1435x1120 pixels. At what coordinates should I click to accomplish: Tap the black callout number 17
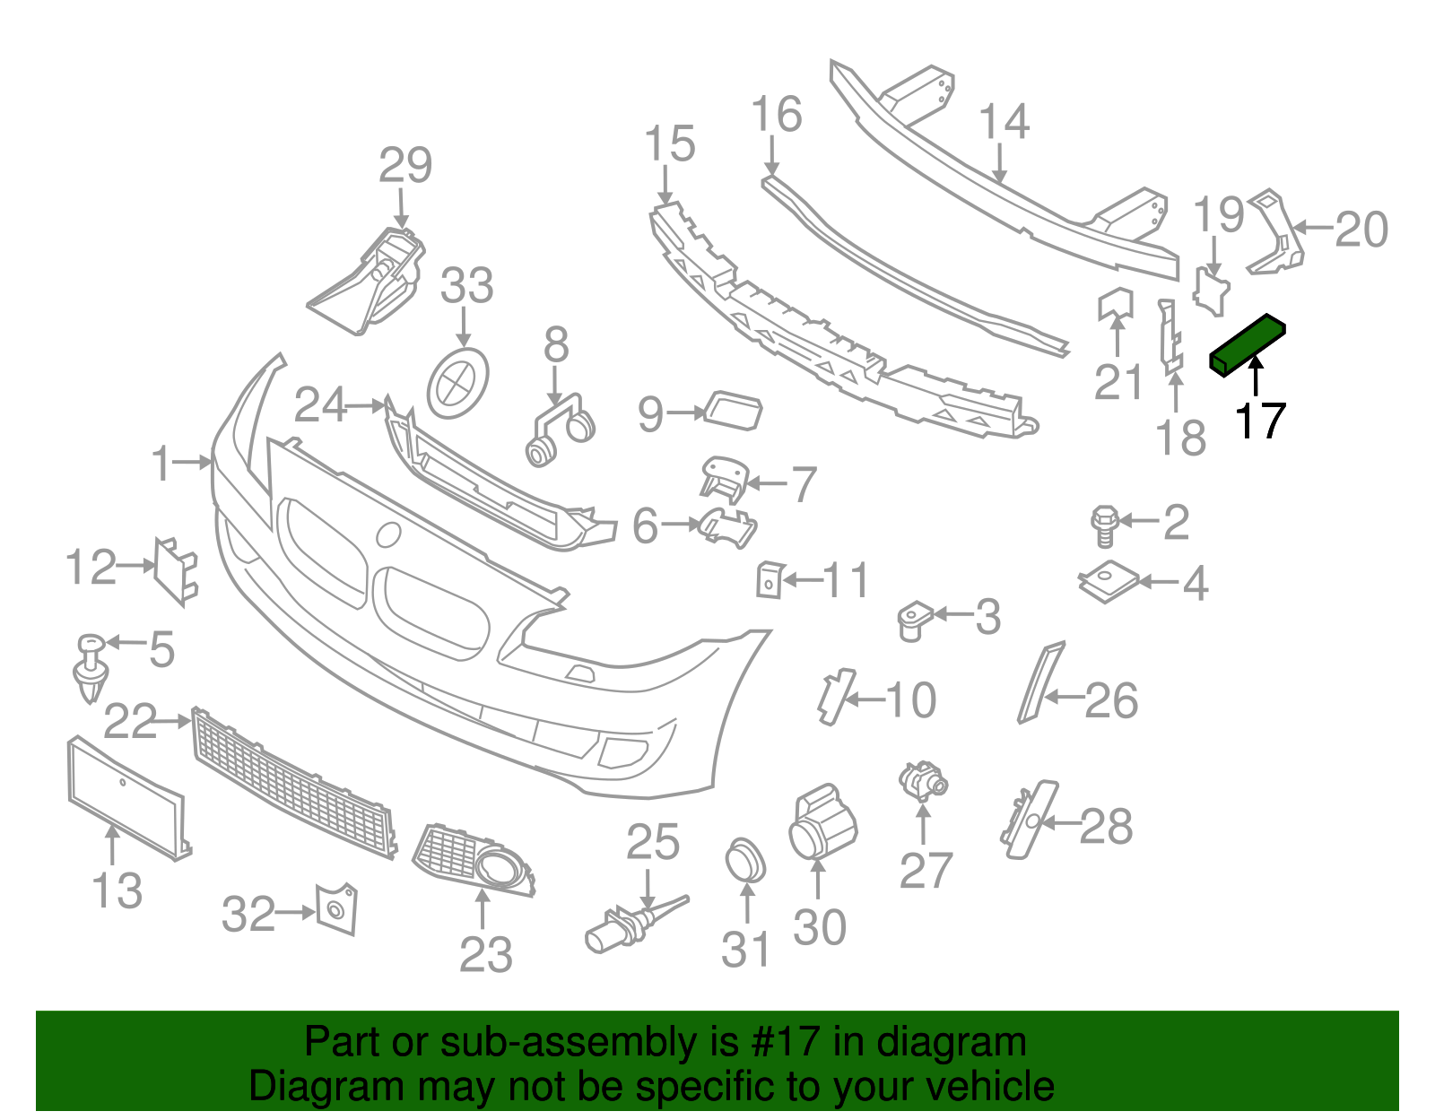pyautogui.click(x=1260, y=421)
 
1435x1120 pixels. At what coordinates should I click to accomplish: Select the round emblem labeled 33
pyautogui.click(x=459, y=384)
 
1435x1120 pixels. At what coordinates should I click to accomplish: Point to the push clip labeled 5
pyautogui.click(x=91, y=669)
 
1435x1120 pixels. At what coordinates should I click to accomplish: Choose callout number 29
pyautogui.click(x=405, y=166)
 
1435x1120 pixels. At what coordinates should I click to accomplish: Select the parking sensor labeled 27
pyautogui.click(x=922, y=780)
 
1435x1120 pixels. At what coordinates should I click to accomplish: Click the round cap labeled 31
pyautogui.click(x=744, y=862)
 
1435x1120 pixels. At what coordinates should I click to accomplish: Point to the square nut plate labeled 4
pyautogui.click(x=1109, y=583)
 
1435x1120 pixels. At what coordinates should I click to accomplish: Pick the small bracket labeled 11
pyautogui.click(x=770, y=579)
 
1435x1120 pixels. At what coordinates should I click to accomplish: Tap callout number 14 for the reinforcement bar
pyautogui.click(x=1004, y=122)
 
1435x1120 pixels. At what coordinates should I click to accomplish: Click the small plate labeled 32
pyautogui.click(x=335, y=910)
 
